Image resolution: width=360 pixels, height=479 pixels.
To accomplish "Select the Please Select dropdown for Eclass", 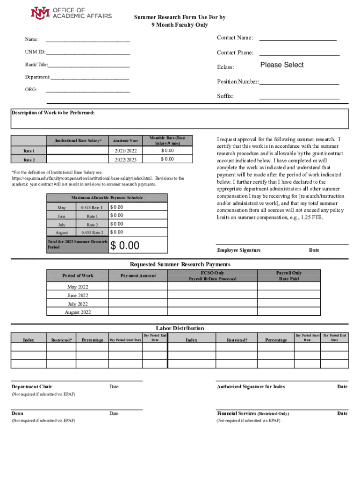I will tap(282, 65).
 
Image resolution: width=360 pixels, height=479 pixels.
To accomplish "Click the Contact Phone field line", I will tap(299, 53).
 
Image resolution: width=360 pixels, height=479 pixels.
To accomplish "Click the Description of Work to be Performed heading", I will tap(53, 113).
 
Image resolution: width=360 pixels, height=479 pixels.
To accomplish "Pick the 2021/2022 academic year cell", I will tap(125, 151).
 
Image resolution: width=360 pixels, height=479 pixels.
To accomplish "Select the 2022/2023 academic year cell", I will tap(125, 160).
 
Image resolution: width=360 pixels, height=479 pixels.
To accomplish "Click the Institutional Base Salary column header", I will tap(78, 140).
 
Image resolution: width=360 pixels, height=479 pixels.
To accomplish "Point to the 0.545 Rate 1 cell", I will tap(92, 207).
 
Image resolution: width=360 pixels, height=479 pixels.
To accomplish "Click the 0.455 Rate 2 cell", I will tap(92, 232).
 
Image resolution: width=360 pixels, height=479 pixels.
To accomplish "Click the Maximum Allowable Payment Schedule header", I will tap(107, 198).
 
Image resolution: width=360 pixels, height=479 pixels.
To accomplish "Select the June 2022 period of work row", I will tap(78, 295).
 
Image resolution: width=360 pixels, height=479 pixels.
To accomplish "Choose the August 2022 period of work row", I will tap(78, 312).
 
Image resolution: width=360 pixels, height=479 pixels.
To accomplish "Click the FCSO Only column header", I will tap(212, 273).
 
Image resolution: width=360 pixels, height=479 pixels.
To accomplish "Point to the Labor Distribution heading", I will tap(180, 328).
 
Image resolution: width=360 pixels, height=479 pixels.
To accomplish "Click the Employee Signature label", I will tap(238, 250).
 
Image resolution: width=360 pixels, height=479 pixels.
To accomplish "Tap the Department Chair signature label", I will tap(32, 387).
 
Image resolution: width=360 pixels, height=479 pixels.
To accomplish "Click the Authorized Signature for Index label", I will tap(251, 387).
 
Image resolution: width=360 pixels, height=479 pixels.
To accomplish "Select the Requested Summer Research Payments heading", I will tap(180, 264).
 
